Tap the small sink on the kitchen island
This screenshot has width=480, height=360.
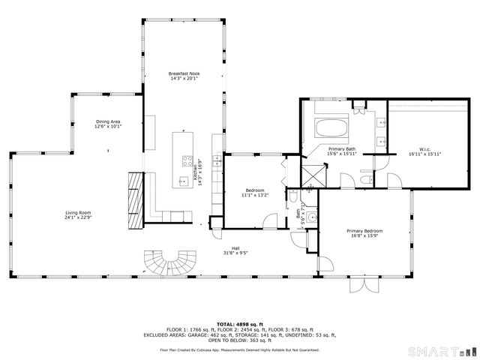point(183,180)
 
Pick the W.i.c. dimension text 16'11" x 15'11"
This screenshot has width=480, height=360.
point(424,154)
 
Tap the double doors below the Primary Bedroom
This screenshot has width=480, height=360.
point(365,289)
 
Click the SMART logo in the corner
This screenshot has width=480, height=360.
point(442,349)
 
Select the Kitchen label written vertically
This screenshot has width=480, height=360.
point(196,173)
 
